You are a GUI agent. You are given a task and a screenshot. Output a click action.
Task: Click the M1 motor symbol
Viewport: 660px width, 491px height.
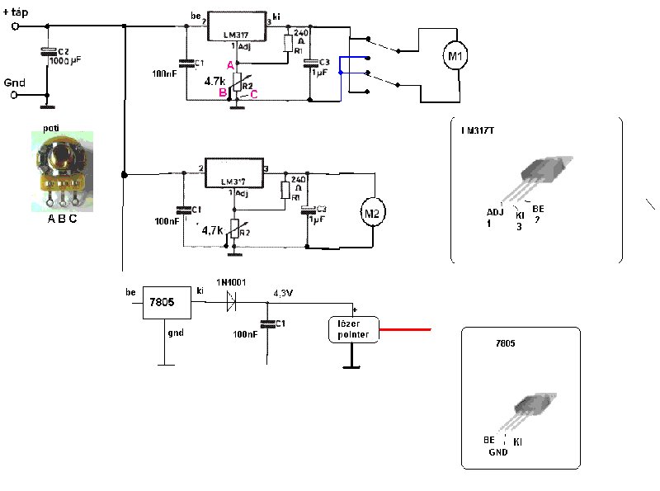(x=455, y=56)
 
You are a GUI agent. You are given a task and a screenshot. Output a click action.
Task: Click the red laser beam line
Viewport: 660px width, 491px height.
(x=406, y=329)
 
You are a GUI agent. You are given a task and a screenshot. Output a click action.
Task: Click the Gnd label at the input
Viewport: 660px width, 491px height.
(x=14, y=83)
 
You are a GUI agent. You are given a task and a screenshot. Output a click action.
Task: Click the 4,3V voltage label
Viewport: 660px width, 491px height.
(x=285, y=291)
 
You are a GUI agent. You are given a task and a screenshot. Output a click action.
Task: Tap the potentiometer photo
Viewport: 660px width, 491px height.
(x=59, y=169)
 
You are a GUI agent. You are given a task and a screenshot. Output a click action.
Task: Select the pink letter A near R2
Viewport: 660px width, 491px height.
(x=230, y=66)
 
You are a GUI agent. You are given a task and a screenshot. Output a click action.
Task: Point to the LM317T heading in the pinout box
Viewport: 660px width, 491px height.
(x=478, y=129)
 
